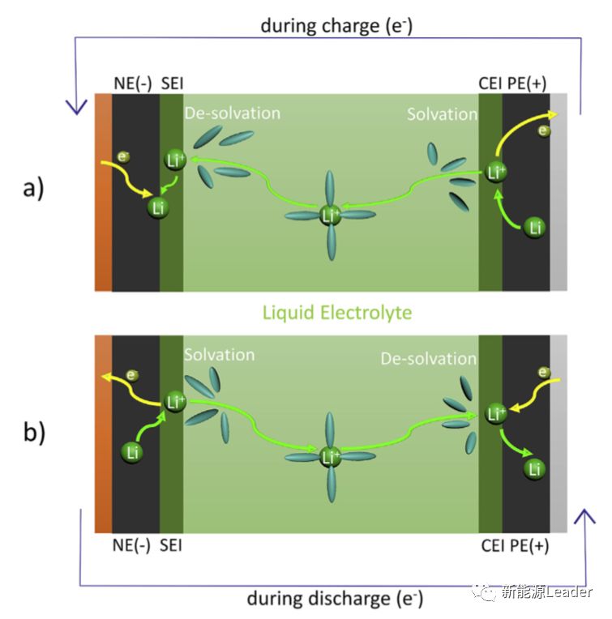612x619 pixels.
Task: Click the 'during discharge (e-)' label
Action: tap(335, 599)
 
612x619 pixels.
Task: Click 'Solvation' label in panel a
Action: tap(442, 114)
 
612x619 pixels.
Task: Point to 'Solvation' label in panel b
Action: tap(219, 355)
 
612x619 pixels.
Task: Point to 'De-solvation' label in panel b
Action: tap(428, 357)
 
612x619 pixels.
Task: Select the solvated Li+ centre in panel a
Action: tap(330, 215)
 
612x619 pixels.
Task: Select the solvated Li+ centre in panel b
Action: tap(330, 457)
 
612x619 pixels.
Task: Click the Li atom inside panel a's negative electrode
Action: tap(159, 208)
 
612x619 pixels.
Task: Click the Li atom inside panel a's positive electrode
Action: tap(534, 228)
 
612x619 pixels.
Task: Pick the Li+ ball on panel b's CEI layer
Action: tap(494, 414)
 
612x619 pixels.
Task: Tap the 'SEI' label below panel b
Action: tap(171, 545)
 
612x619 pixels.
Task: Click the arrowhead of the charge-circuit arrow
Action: tap(77, 106)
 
